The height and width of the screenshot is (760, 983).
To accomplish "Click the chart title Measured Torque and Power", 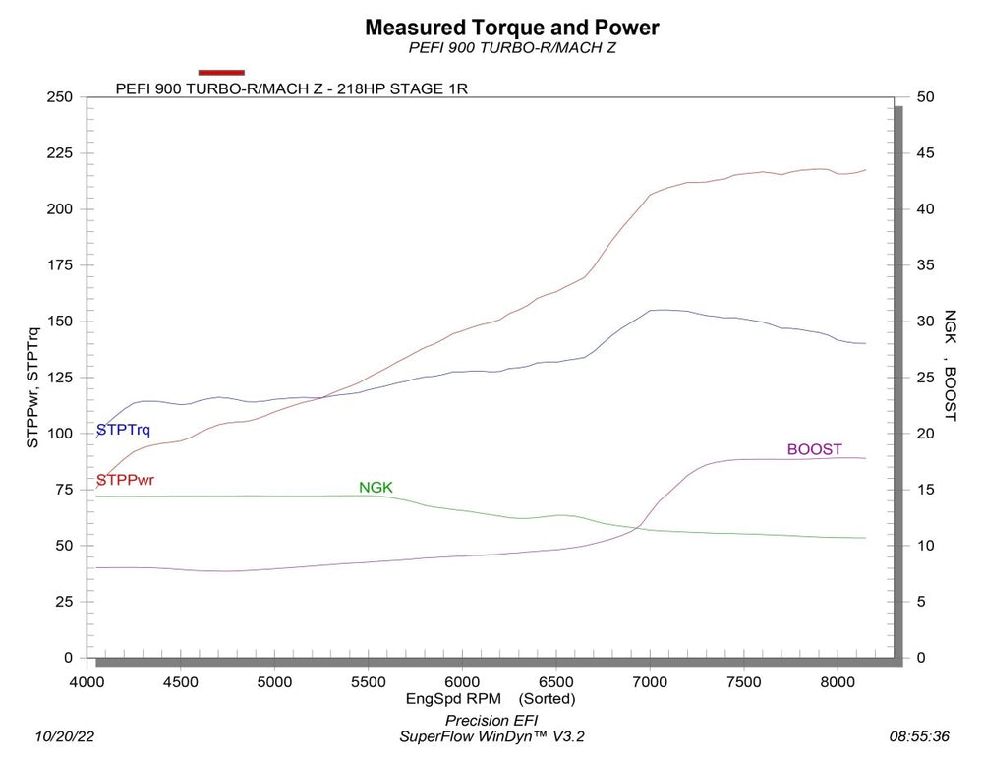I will click(511, 28).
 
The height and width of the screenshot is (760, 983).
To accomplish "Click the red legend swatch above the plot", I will click(221, 72).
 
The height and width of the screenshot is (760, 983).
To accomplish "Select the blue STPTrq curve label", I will click(123, 431).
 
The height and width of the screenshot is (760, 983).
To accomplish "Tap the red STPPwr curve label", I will click(125, 480).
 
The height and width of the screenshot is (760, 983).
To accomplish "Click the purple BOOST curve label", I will click(814, 449).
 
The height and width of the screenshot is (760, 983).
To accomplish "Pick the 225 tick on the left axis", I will click(59, 153).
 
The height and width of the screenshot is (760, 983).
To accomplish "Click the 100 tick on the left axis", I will click(59, 434).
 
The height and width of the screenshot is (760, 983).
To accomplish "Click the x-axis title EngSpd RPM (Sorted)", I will click(491, 699).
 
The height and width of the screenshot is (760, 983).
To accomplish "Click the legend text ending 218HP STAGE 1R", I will click(291, 87).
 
